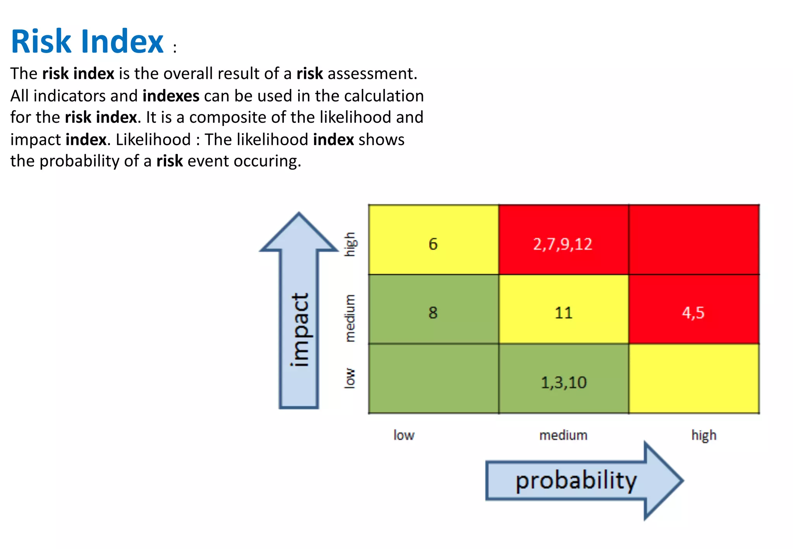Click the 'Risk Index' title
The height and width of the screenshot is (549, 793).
point(88,41)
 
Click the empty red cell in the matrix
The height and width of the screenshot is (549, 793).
point(693,240)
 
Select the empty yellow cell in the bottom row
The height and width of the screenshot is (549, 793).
point(693,379)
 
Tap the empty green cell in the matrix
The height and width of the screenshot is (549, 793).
point(433,379)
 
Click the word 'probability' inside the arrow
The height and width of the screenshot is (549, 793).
point(576,480)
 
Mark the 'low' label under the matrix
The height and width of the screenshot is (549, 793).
point(404,435)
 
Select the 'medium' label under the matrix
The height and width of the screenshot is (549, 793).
point(563,435)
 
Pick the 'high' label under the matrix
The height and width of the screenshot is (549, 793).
point(704,435)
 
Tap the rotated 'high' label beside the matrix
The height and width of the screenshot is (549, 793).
point(350,244)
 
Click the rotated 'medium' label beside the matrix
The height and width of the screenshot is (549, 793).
point(350,318)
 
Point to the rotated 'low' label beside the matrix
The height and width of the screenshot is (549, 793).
point(350,378)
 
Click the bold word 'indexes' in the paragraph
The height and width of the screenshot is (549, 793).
point(171,96)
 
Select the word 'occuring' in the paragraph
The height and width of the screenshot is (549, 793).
point(267,161)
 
